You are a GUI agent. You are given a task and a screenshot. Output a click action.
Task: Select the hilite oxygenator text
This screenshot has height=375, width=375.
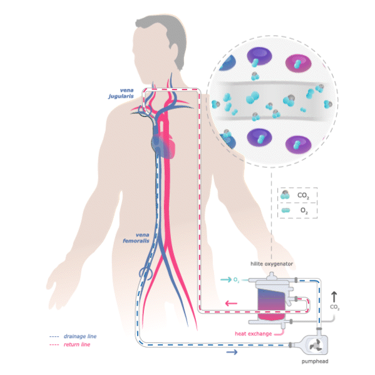[272, 264]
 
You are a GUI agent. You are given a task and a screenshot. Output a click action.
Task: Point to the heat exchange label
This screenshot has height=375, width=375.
[253, 334]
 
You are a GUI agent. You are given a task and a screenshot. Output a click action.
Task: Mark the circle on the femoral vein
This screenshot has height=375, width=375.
[146, 273]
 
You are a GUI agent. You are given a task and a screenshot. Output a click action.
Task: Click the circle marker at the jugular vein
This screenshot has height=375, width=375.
[146, 111]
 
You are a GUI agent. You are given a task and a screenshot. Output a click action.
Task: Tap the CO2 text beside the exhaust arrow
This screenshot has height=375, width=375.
[334, 307]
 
